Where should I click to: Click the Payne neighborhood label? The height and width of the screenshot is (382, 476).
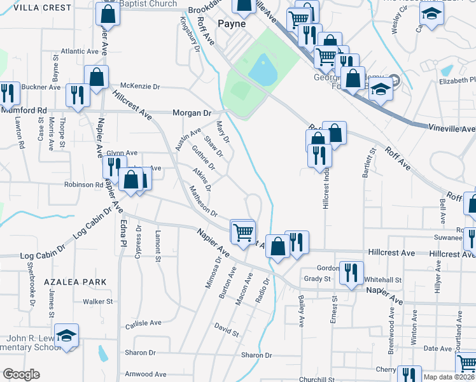[232, 24]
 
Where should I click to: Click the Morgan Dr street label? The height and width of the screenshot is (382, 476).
[192, 113]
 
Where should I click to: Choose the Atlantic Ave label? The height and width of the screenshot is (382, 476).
[80, 51]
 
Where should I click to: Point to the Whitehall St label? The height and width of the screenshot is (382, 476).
[383, 279]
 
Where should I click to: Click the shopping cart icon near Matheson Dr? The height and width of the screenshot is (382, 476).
[243, 232]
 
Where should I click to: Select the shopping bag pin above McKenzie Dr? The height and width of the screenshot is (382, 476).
[97, 77]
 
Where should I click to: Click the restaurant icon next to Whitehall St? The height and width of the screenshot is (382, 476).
[351, 272]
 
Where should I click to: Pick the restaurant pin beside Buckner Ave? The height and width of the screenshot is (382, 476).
[78, 95]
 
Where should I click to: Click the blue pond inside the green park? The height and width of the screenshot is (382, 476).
[262, 69]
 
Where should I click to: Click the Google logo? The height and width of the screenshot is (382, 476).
[20, 374]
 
